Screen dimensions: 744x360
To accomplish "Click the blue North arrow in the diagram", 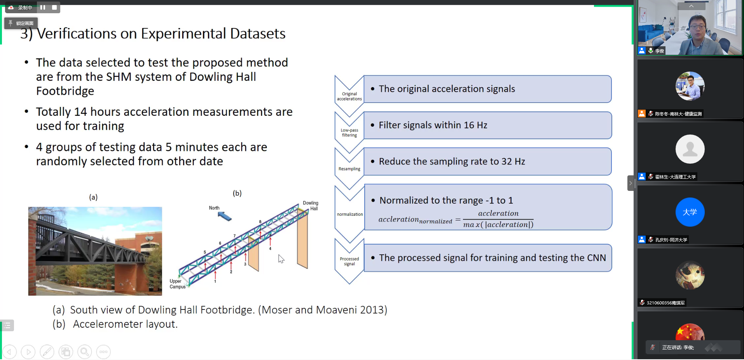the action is click(x=225, y=216).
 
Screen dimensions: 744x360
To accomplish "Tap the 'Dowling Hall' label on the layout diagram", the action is click(x=311, y=206).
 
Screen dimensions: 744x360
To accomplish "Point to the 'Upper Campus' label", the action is click(x=177, y=284).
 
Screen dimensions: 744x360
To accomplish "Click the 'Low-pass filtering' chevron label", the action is click(x=349, y=133).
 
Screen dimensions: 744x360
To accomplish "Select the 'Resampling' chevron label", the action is click(x=349, y=169).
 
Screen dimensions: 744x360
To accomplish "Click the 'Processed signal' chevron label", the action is click(x=349, y=261).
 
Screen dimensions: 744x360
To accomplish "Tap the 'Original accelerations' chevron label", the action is click(x=349, y=96).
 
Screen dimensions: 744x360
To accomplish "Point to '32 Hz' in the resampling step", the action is click(x=513, y=161).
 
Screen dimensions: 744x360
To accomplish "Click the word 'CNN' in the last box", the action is click(x=596, y=258).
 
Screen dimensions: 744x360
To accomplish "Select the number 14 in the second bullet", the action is click(x=80, y=112).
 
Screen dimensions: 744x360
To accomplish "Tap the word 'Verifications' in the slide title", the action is click(x=77, y=34).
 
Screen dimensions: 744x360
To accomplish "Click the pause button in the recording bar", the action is click(x=43, y=7).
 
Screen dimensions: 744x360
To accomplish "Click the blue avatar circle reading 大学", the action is click(x=690, y=212).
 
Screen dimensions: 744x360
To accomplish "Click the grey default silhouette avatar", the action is click(x=690, y=149).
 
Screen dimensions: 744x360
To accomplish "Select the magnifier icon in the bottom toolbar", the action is click(x=84, y=352).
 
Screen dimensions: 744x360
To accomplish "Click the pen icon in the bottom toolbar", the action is click(x=47, y=352).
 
